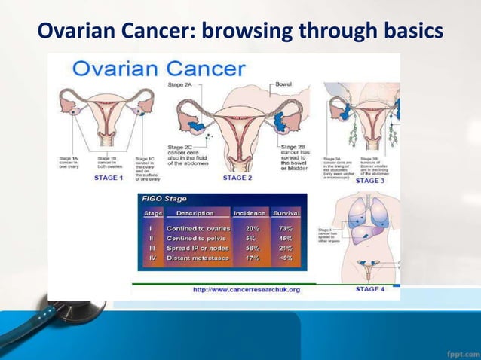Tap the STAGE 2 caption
tap(237, 178)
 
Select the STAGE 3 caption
tap(369, 181)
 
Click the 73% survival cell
tap(285, 228)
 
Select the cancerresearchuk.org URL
tap(247, 289)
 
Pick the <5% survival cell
tap(285, 257)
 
